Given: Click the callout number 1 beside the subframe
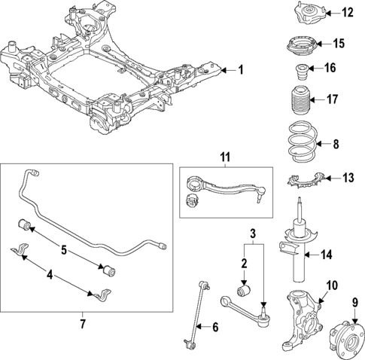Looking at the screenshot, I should coord(241,70).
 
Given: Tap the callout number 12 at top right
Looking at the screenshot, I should coord(347,12).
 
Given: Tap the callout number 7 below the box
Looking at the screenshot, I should coord(83,325).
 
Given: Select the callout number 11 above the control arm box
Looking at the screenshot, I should coord(224,157).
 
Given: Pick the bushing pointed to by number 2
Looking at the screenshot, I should coord(243,289).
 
